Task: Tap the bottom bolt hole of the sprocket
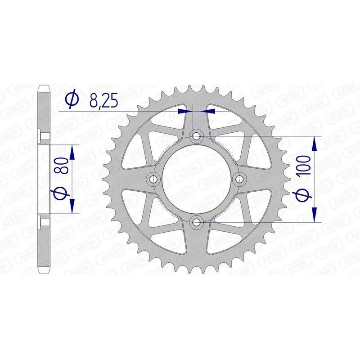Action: [197, 221]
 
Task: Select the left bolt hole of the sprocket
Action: [154, 179]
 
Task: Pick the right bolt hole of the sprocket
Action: [239, 179]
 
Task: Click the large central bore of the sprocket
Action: [197, 179]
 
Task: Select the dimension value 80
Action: [63, 166]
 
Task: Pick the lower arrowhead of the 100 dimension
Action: [314, 215]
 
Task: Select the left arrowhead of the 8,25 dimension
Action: [184, 110]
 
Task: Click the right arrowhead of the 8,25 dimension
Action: [209, 110]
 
